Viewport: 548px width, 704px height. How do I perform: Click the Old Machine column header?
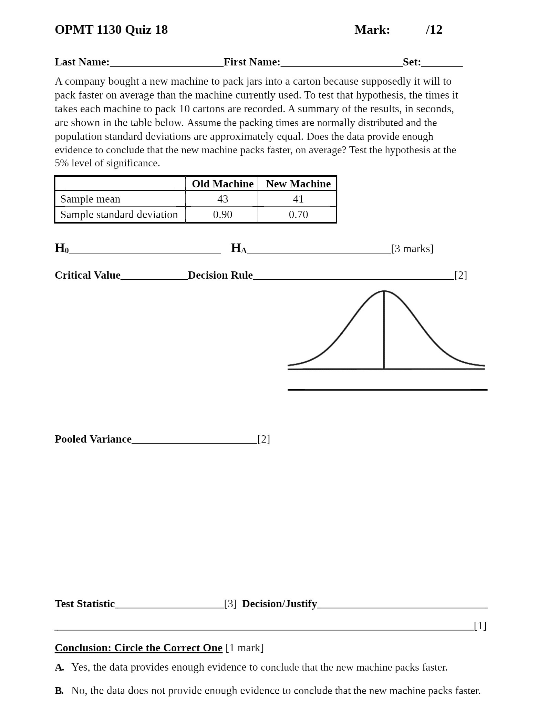pyautogui.click(x=223, y=184)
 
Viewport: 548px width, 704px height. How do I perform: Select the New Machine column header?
pyautogui.click(x=298, y=184)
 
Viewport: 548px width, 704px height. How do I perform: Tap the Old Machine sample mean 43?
pyautogui.click(x=223, y=199)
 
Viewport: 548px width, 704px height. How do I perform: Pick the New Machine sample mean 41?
pyautogui.click(x=298, y=199)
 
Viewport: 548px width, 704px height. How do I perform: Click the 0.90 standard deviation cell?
pyautogui.click(x=223, y=214)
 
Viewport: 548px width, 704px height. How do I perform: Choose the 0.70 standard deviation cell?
pyautogui.click(x=298, y=214)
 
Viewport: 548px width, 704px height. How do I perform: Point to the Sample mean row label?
pyautogui.click(x=90, y=199)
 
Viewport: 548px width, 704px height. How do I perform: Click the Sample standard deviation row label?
pyautogui.click(x=119, y=214)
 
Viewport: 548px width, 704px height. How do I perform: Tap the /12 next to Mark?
pyautogui.click(x=434, y=30)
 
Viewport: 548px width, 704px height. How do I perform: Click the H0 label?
pyautogui.click(x=62, y=248)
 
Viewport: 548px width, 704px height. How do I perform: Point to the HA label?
pyautogui.click(x=238, y=248)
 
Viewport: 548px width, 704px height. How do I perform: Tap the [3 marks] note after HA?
pyautogui.click(x=412, y=248)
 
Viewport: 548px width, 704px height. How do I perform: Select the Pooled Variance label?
pyautogui.click(x=93, y=439)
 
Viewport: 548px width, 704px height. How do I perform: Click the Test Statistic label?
pyautogui.click(x=85, y=603)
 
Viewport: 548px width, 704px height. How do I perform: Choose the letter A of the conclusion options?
pyautogui.click(x=59, y=667)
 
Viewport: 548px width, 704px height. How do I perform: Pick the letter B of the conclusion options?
pyautogui.click(x=59, y=691)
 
